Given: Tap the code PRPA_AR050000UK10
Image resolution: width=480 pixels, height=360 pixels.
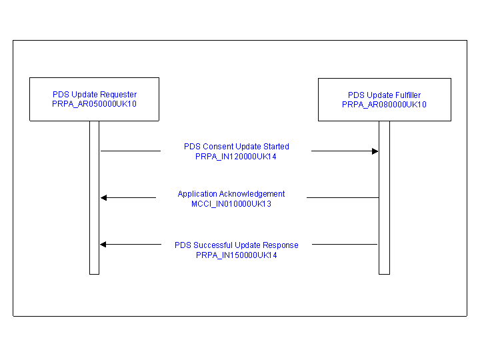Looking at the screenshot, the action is [94, 104].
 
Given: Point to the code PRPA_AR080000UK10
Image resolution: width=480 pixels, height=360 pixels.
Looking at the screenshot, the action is [384, 105].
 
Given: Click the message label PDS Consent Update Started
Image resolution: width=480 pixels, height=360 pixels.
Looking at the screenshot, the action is [236, 147].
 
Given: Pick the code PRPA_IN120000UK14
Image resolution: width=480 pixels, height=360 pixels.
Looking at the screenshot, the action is [236, 157].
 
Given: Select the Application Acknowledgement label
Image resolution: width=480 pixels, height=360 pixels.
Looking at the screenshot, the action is [231, 194].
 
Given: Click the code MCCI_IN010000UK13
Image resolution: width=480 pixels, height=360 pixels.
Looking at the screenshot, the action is [231, 204].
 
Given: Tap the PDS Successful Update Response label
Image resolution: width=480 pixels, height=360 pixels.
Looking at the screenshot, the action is [236, 245].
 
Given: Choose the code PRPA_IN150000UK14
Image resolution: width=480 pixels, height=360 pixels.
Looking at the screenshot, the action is [236, 255].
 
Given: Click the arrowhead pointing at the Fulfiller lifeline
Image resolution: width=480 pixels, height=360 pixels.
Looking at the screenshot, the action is [375, 151].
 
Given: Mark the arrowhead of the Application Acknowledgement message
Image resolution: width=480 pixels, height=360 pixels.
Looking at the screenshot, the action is [104, 198].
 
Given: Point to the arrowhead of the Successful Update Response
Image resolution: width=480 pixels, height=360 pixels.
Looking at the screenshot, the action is [103, 244].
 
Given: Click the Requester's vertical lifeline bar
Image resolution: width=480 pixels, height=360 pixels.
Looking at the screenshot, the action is [94, 198].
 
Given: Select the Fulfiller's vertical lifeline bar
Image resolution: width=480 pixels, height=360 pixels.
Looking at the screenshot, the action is [384, 198].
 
